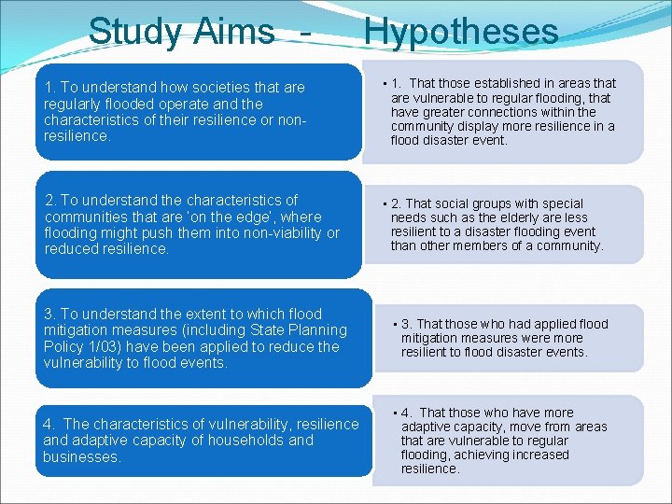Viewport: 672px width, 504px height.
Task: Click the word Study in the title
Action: pos(136,32)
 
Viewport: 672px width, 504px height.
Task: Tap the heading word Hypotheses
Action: pos(461,32)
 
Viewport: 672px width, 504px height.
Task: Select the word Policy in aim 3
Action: pos(66,347)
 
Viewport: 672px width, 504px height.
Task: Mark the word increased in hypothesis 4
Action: pos(537,455)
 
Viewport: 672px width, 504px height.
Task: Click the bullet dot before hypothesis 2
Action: pos(385,204)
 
